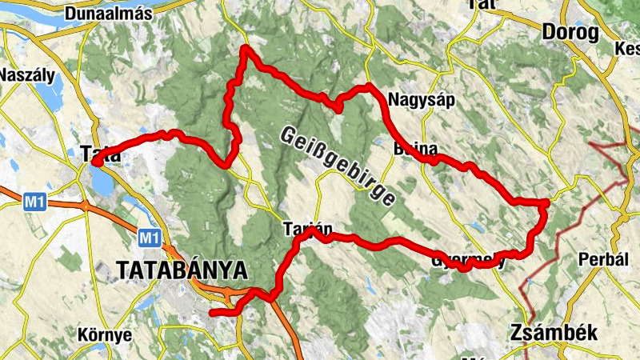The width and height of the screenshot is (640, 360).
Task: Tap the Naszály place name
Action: pos(27,76)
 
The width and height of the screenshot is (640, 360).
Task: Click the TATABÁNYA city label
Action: pos(181,270)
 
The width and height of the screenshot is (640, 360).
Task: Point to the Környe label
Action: pos(105,334)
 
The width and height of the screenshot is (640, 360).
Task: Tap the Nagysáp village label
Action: pos(415,100)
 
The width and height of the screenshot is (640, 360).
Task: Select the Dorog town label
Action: pos(570,32)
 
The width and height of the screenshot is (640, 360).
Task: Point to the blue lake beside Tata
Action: pos(103,182)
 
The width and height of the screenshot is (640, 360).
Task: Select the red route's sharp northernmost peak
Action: pos(245,50)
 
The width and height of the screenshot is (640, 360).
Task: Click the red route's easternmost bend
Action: pos(545,203)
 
